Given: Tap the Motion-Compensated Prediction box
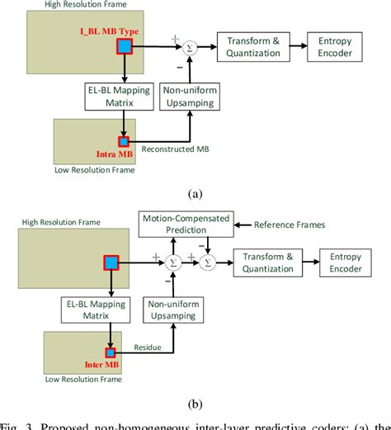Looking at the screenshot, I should pyautogui.click(x=185, y=224).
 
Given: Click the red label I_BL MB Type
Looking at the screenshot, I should pyautogui.click(x=107, y=31).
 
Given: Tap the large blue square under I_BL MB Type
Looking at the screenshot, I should pyautogui.click(x=125, y=48).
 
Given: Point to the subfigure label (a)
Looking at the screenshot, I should pyautogui.click(x=195, y=194).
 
